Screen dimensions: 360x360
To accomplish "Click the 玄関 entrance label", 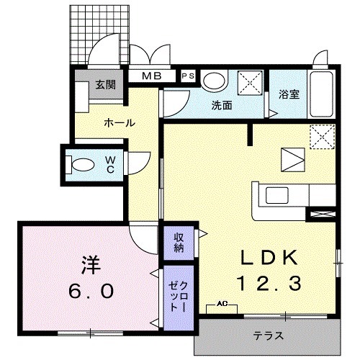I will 105,85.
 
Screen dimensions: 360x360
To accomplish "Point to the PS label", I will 188,75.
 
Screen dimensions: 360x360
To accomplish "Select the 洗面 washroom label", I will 221,105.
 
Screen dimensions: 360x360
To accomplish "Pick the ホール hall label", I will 119,123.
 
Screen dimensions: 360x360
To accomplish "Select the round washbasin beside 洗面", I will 213,81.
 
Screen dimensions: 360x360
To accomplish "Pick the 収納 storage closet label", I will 178,243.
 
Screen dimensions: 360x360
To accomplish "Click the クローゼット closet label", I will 177,292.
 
